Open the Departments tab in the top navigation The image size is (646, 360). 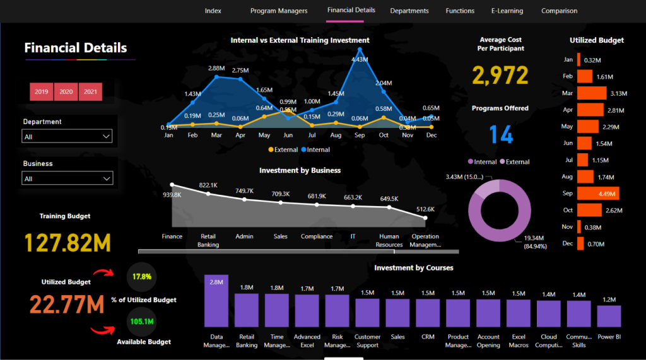click(x=409, y=11)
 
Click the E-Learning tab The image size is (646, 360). click(x=507, y=11)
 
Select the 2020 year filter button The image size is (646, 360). click(x=66, y=91)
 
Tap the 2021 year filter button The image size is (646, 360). click(x=90, y=91)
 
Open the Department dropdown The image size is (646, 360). click(x=68, y=136)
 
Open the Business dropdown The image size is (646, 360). click(x=68, y=178)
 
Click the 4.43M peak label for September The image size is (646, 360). click(x=360, y=59)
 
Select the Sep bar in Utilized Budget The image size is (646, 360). click(x=597, y=194)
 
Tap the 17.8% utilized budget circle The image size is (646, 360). click(x=142, y=277)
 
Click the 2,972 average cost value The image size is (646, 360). click(x=500, y=76)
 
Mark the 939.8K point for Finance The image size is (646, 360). click(x=172, y=185)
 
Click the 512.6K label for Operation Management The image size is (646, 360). click(x=425, y=209)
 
